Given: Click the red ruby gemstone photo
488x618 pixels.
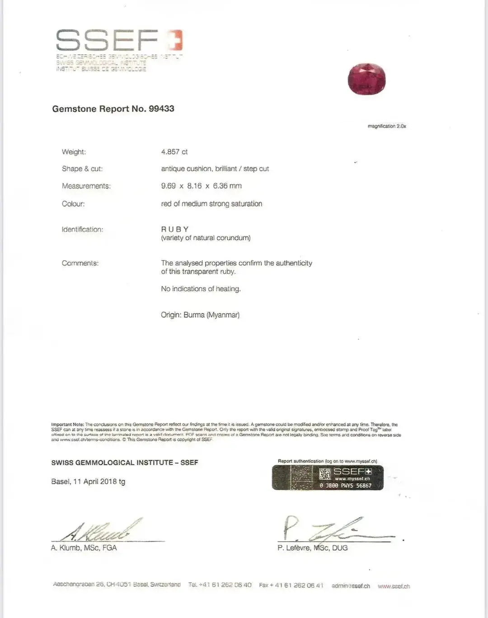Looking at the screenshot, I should click(366, 79).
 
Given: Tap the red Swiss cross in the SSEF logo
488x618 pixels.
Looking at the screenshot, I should click(175, 40).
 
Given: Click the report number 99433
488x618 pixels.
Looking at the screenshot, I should click(161, 108).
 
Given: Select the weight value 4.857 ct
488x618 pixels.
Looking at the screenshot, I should click(174, 152).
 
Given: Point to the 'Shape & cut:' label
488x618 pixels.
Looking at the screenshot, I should click(82, 169).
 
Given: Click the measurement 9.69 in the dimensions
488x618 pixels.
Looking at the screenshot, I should click(168, 186).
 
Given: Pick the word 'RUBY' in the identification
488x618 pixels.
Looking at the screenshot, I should click(175, 229).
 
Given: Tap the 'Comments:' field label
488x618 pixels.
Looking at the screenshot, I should click(80, 263).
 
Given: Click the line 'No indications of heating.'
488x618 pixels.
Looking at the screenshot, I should click(201, 289).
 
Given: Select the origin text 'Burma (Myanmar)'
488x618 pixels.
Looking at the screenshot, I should click(211, 315).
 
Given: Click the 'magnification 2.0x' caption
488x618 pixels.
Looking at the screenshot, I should click(387, 126).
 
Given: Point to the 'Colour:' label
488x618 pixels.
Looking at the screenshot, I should click(73, 204).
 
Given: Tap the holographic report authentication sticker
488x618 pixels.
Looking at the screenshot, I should click(328, 478).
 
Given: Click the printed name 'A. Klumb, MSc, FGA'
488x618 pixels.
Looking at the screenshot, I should click(84, 548).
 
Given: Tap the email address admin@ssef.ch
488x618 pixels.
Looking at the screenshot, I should click(351, 586).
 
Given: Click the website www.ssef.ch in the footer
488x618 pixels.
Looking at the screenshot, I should click(394, 586).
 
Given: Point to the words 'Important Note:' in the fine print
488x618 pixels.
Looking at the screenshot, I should click(67, 425).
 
